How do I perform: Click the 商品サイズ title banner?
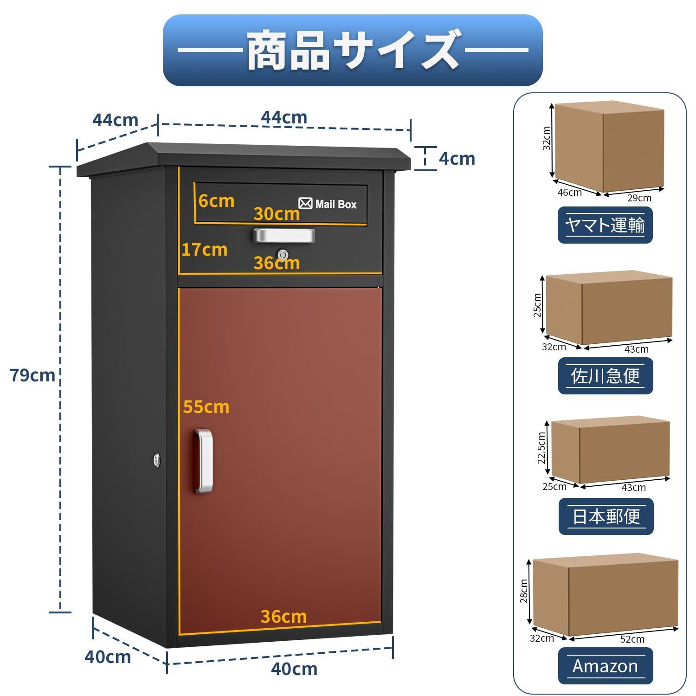(353, 50)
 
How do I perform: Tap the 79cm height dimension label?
(32, 375)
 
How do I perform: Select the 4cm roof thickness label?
(457, 159)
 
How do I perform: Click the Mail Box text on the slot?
(336, 204)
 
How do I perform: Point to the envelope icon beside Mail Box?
(305, 203)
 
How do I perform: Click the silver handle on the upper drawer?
(284, 235)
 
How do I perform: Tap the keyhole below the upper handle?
(283, 254)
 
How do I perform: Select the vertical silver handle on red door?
(204, 461)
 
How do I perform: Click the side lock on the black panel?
(157, 460)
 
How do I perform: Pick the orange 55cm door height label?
(206, 407)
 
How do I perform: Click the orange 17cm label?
(204, 250)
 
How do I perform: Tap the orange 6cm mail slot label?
(216, 201)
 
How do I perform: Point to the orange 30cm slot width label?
(277, 214)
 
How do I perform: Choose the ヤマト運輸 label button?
(605, 225)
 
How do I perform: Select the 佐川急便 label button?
(606, 376)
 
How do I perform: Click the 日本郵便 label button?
(606, 516)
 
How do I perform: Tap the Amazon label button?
(606, 666)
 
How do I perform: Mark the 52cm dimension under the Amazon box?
(632, 639)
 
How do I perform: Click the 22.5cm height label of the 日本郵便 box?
(541, 448)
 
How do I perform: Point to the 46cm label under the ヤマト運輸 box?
(569, 193)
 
